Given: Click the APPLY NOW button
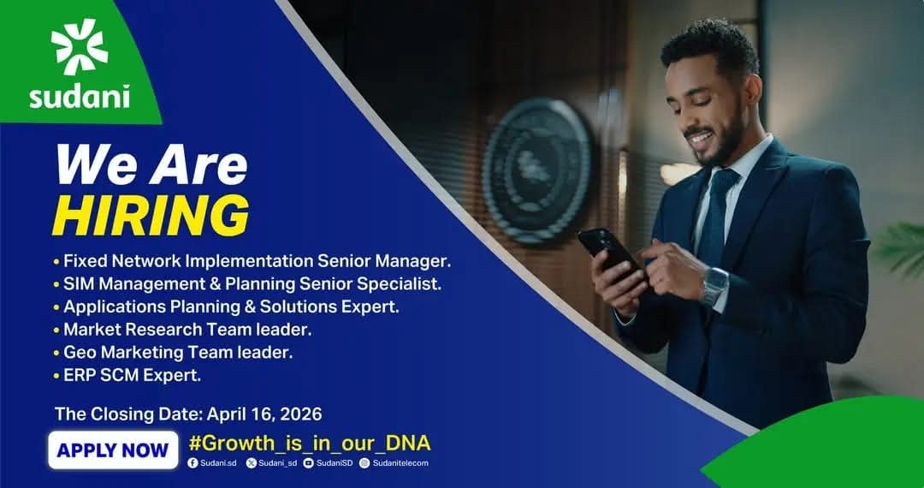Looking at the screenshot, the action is coord(113,449).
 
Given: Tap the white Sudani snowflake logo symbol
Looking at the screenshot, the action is coord(80,46).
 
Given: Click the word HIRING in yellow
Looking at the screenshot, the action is coord(151,216).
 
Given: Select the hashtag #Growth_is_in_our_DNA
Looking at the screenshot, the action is coord(310,443).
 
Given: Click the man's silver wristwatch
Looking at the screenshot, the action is coord(714,287).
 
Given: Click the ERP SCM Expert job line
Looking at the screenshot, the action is coord(132,376).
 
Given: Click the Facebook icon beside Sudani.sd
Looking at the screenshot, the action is coord(192,463).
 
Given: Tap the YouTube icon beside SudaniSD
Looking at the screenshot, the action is coord(308,463).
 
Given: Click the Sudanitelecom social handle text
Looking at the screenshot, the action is coord(400,463).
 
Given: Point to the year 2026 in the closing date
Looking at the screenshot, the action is coord(301,414).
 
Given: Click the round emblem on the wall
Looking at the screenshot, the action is coord(537,170).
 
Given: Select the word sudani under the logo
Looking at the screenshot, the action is coord(80,97).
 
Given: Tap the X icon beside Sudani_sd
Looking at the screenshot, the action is coord(252,463).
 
